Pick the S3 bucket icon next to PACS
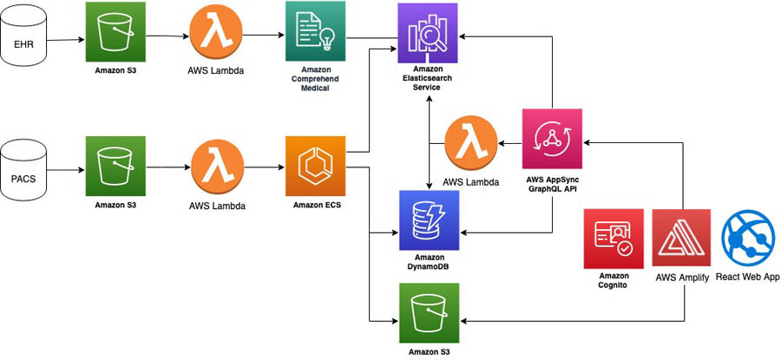[115, 164]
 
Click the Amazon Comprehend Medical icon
[315, 31]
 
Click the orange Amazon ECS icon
[315, 164]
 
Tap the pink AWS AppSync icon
[553, 139]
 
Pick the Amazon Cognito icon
[614, 238]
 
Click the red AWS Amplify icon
[681, 238]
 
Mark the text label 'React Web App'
[748, 277]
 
